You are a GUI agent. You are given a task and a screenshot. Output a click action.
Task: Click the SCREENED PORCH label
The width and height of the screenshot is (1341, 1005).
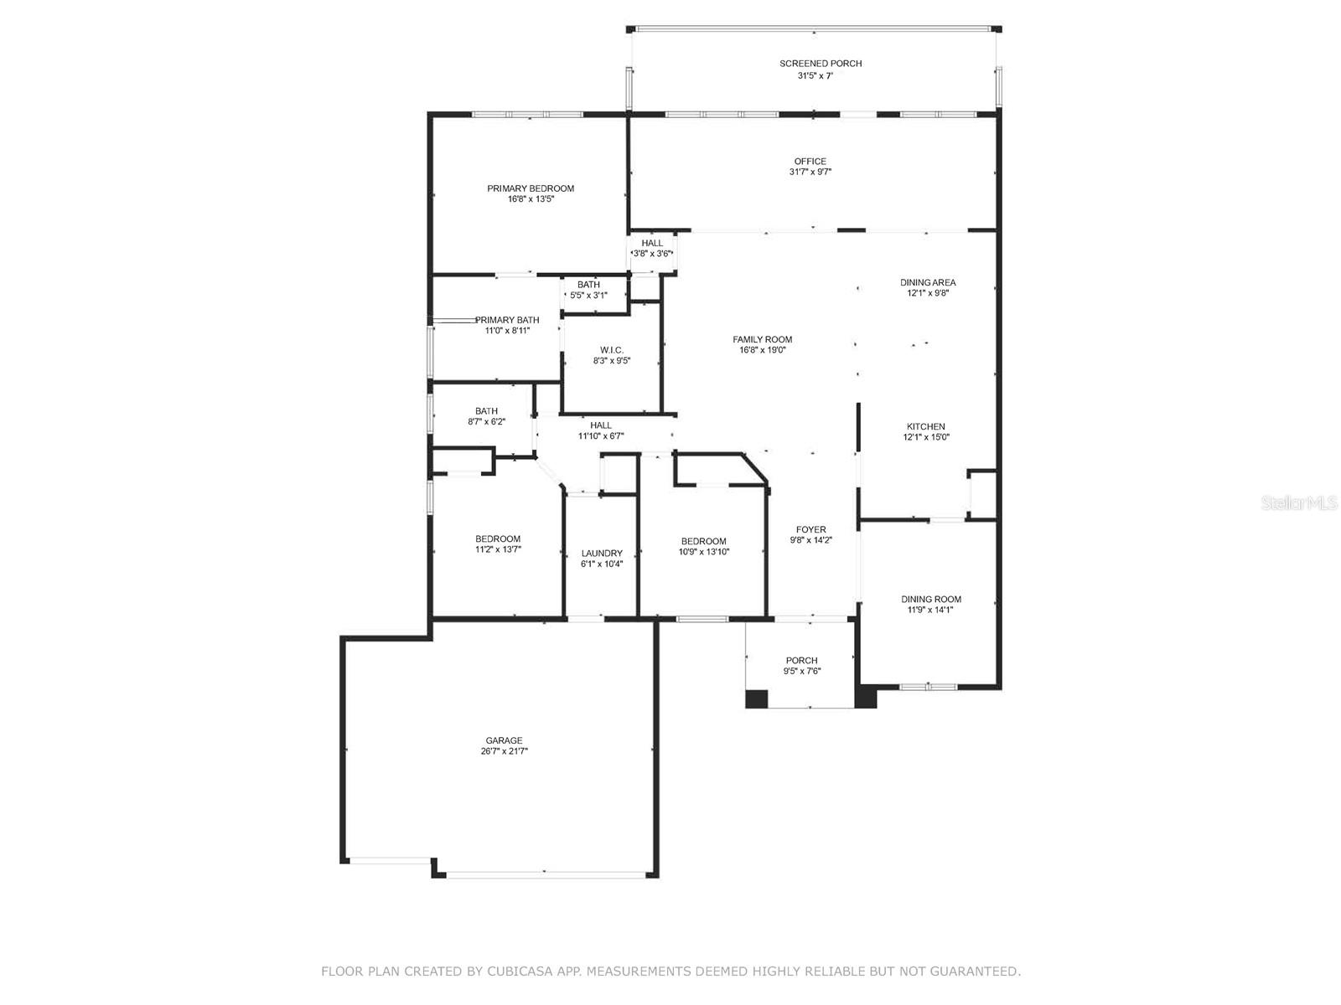[820, 64]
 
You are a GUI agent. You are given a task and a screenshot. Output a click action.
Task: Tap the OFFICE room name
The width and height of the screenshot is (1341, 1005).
[810, 161]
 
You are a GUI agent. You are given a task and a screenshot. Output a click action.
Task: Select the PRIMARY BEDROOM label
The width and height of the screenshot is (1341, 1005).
[531, 188]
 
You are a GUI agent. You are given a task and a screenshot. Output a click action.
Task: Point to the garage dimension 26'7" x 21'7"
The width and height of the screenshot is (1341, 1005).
[504, 751]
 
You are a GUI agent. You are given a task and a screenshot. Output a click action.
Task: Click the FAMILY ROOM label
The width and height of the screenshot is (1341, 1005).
[762, 339]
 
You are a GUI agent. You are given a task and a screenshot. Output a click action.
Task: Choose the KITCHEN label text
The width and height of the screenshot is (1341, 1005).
[925, 426]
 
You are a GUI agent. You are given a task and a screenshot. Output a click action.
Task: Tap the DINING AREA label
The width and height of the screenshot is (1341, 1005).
[928, 282]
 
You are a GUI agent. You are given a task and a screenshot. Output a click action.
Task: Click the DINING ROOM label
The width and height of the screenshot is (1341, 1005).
[930, 599]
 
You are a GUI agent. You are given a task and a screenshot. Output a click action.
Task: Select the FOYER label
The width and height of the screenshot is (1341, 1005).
[810, 529]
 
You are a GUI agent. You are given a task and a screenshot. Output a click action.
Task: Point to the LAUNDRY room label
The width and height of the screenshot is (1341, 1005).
[601, 554]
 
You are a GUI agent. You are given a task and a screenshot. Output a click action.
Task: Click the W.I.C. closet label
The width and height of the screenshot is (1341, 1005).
[612, 350]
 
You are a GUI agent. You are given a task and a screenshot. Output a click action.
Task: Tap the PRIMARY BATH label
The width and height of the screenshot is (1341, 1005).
[507, 320]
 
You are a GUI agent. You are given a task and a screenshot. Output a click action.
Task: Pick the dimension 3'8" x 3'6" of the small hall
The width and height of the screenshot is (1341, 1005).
[652, 253]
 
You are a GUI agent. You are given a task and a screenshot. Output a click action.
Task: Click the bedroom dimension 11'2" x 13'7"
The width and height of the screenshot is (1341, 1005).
[498, 549]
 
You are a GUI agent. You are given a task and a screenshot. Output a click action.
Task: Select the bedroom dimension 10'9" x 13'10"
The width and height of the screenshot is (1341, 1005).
[704, 552]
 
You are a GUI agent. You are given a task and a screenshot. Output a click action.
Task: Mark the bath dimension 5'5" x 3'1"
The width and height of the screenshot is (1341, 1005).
[588, 296]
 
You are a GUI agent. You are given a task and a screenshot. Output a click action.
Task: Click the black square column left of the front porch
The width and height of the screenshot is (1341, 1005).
[756, 698]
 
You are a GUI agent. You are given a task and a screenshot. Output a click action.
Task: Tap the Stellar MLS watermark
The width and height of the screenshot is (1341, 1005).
[1298, 502]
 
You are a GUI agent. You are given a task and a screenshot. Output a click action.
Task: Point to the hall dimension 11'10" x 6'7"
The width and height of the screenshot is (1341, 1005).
[601, 435]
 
